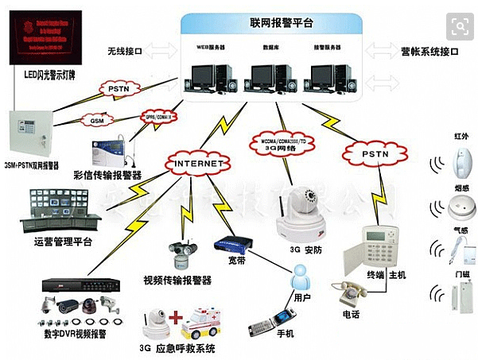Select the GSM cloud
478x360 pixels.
(97, 120)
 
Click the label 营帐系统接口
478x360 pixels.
(429, 52)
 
